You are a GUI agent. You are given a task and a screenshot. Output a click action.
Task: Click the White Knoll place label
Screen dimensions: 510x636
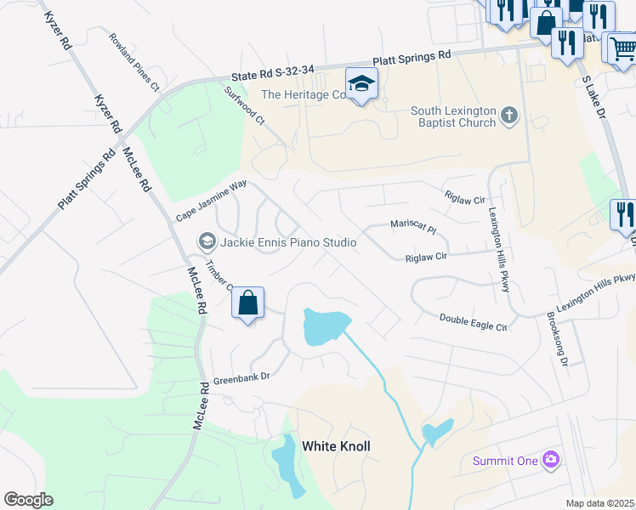(336, 446)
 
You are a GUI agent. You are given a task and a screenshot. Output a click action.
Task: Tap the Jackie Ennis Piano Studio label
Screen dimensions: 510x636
(288, 242)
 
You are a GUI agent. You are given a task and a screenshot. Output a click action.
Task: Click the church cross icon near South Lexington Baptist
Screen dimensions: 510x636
(509, 116)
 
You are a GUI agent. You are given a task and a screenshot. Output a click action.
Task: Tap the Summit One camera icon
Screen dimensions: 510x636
(551, 460)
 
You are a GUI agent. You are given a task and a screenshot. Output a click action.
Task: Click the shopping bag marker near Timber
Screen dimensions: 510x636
(247, 304)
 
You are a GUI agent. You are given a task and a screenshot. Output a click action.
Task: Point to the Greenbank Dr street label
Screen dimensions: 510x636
(241, 378)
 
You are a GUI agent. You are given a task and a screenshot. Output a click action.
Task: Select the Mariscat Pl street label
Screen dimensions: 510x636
(412, 227)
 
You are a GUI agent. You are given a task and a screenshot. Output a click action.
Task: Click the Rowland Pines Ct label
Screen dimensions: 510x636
(133, 62)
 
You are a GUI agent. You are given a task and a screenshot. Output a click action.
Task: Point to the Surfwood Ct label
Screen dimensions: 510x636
(245, 105)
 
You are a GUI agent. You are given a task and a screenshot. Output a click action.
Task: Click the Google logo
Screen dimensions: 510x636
(28, 500)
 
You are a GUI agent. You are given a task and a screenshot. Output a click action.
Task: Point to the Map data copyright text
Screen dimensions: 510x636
(600, 503)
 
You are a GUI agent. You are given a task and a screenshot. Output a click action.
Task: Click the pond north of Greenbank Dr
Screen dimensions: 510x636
(325, 326)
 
